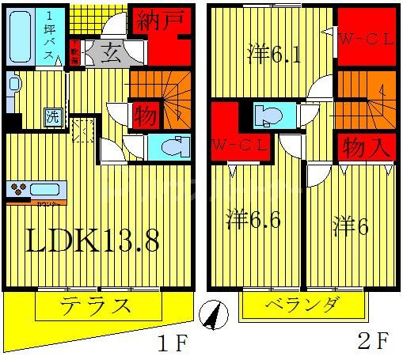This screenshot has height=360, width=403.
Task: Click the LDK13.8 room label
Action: [94, 241]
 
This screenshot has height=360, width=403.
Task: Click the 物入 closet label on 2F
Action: [366, 148]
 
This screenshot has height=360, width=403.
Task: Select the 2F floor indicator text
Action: [372, 343]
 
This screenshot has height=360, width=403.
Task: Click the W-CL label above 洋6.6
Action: [241, 146]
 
